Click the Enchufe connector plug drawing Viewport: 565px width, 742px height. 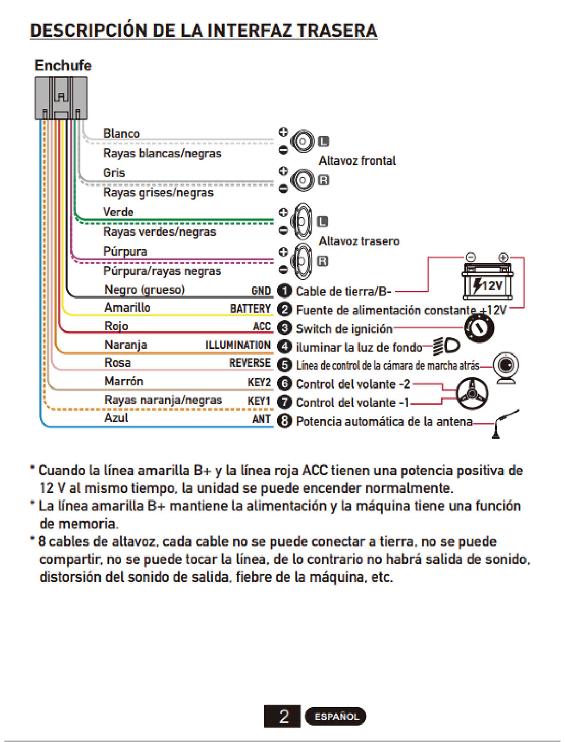tap(61, 98)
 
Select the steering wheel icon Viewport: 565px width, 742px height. tap(472, 393)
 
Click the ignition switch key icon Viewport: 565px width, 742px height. tap(479, 328)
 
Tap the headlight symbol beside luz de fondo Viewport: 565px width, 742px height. tap(446, 347)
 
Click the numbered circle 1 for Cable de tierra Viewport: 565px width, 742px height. tap(285, 291)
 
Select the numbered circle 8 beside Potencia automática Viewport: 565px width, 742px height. tap(285, 421)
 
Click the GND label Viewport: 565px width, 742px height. tap(261, 291)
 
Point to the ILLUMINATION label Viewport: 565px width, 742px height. tap(238, 345)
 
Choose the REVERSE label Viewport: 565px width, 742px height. tap(250, 363)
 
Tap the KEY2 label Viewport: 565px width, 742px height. tap(259, 383)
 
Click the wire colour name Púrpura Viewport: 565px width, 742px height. tap(125, 252)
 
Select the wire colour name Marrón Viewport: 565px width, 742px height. tap(123, 381)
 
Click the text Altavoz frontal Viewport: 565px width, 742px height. tap(357, 161)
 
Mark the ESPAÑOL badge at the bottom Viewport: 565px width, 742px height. tap(335, 717)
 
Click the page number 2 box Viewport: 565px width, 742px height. tap(282, 716)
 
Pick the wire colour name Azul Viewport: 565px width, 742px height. tap(116, 418)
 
